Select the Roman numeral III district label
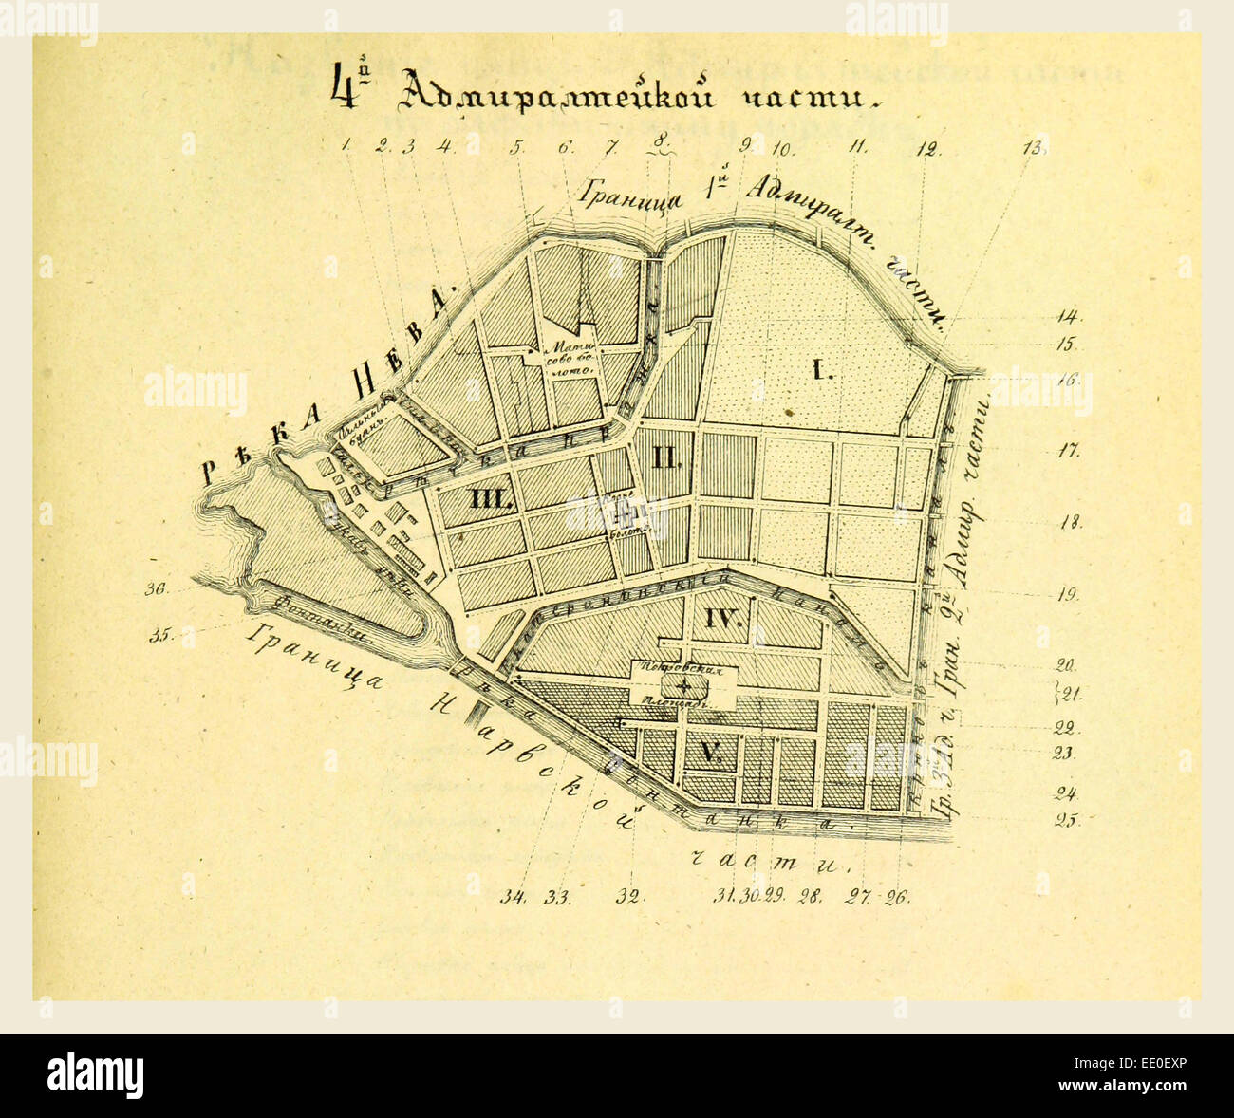(x=490, y=499)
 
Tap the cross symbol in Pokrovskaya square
(x=684, y=685)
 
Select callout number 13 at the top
(x=1033, y=147)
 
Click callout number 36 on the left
(x=156, y=589)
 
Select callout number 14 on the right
(x=1069, y=317)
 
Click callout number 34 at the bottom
(x=515, y=896)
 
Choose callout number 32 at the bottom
(x=629, y=896)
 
